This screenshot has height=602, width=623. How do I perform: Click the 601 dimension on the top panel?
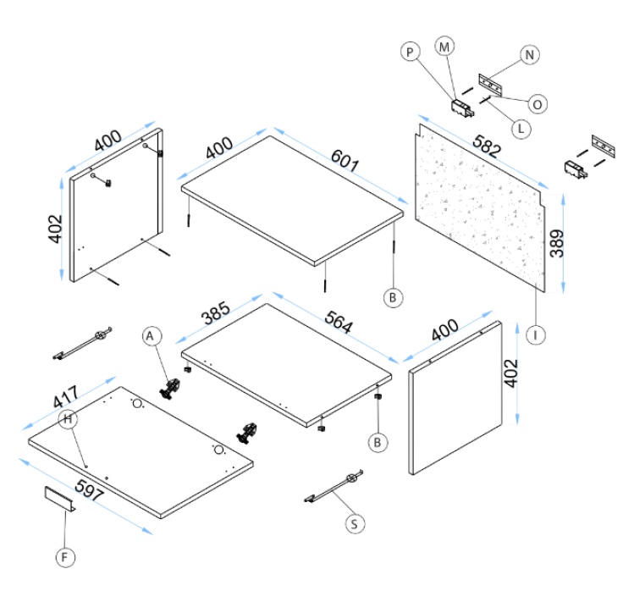pos(341,158)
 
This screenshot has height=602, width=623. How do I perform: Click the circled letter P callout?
pos(411,52)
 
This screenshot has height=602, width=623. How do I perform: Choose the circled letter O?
pos(537,103)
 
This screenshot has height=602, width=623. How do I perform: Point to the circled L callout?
pos(521,129)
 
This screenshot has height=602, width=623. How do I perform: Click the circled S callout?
pos(356,524)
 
